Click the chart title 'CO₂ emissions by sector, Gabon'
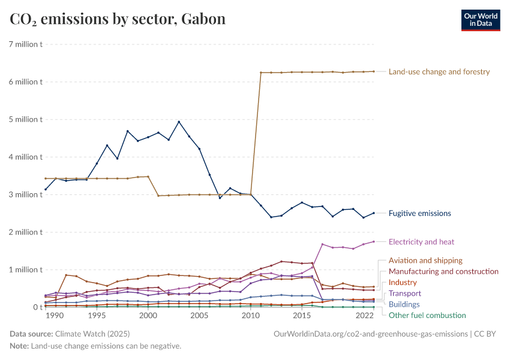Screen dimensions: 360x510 pyautogui.click(x=118, y=19)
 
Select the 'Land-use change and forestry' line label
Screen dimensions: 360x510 pyautogui.click(x=439, y=71)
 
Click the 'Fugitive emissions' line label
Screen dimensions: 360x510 pyautogui.click(x=419, y=213)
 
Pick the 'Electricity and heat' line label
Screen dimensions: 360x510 pyautogui.click(x=421, y=242)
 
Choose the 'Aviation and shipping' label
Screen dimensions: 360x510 pyautogui.click(x=425, y=260)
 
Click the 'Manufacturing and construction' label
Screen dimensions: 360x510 pyautogui.click(x=443, y=271)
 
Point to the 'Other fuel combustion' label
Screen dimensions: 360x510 pyautogui.click(x=427, y=315)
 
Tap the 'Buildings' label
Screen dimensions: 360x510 pyautogui.click(x=404, y=304)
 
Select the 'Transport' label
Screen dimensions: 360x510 pyautogui.click(x=405, y=293)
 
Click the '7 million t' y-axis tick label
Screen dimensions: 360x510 pyautogui.click(x=25, y=44)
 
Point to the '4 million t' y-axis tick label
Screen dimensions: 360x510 pyautogui.click(x=25, y=157)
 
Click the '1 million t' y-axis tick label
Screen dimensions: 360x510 pyautogui.click(x=25, y=269)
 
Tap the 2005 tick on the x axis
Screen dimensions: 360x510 pyautogui.click(x=199, y=315)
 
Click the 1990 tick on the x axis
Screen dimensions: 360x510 pyautogui.click(x=54, y=315)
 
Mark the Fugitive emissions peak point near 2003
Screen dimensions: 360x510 pyautogui.click(x=179, y=122)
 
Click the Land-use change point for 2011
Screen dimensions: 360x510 pyautogui.click(x=260, y=73)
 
